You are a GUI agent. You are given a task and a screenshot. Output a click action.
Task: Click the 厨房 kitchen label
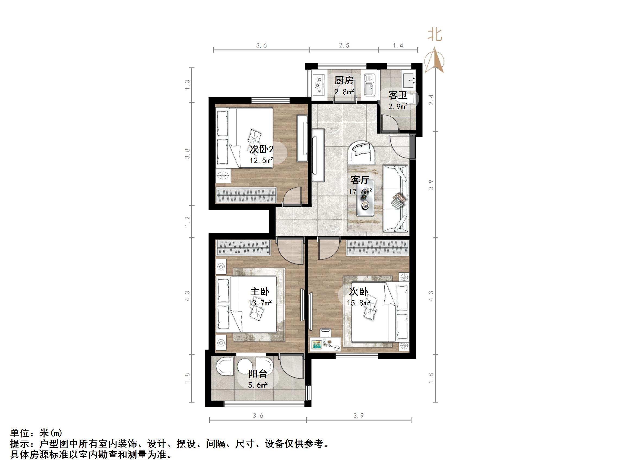click(344, 81)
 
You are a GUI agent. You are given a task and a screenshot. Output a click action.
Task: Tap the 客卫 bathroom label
click(398, 95)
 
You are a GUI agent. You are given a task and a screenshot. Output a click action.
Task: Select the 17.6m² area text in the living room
click(360, 192)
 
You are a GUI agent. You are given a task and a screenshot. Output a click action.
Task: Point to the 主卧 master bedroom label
click(260, 292)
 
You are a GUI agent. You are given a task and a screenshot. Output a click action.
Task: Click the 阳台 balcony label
click(258, 374)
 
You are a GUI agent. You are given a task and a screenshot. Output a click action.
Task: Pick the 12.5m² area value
click(261, 161)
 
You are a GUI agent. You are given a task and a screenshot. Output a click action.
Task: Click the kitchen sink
click(369, 85)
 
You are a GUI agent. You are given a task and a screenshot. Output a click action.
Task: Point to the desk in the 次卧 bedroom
click(325, 344)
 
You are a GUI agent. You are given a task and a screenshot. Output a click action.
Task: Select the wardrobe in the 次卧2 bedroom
click(246, 195)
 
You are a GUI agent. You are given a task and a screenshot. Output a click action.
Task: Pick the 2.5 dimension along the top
click(344, 45)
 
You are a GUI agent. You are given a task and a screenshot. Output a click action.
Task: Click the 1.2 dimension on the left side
click(187, 222)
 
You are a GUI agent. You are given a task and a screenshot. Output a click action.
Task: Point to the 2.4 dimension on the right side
click(431, 100)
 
